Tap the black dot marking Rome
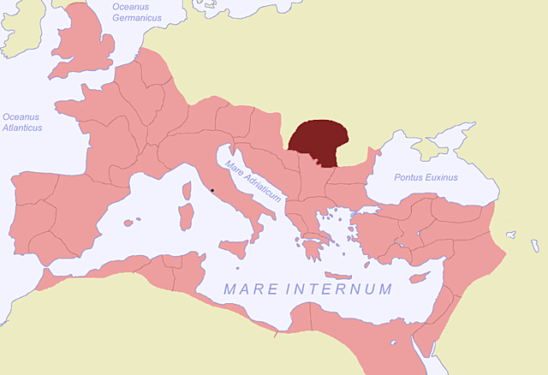(211, 189)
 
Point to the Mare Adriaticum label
(253, 181)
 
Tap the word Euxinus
(441, 177)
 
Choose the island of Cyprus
(419, 277)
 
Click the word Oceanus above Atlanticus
(21, 116)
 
